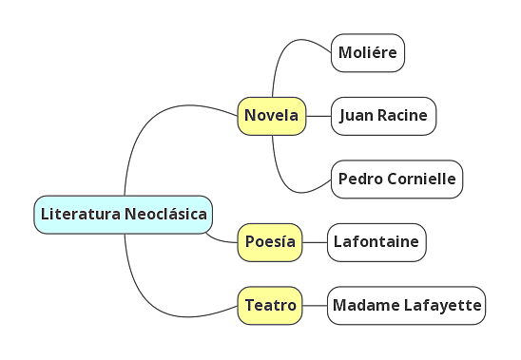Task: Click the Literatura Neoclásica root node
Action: [124, 215]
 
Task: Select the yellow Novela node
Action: [271, 116]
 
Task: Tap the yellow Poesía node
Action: [270, 242]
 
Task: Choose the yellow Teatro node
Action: [270, 306]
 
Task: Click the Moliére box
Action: [368, 52]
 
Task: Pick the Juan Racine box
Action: [384, 116]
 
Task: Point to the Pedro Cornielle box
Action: [396, 179]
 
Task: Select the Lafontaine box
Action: [376, 242]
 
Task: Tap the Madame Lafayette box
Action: [406, 306]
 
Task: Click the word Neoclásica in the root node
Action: [166, 215]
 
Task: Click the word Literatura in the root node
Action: [81, 215]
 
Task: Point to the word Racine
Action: [403, 116]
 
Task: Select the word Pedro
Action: [357, 179]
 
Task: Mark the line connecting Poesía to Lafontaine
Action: [315, 242]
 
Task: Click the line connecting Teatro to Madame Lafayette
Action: [315, 306]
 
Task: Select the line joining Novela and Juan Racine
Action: [318, 116]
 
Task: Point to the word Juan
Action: [355, 116]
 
